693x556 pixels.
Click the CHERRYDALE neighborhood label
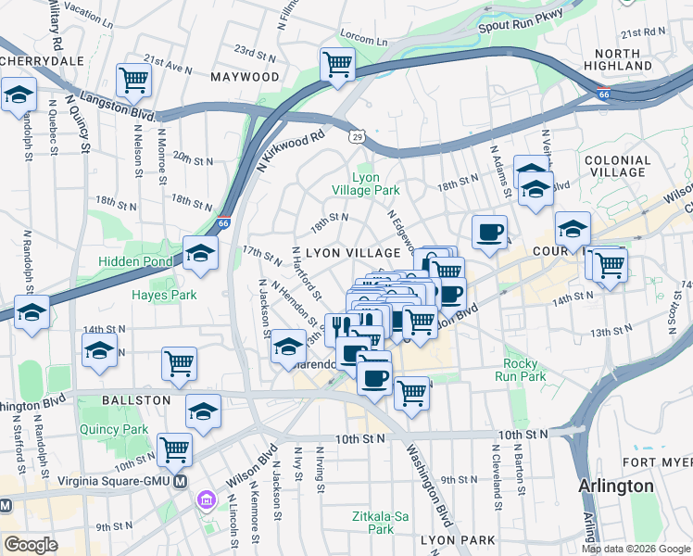click(43, 61)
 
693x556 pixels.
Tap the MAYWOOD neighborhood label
click(245, 77)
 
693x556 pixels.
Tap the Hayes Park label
click(164, 296)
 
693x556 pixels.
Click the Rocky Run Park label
click(525, 371)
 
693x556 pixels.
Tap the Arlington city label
click(615, 486)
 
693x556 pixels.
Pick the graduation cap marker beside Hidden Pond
click(199, 254)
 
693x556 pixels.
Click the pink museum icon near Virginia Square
click(206, 501)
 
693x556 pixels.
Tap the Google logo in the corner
click(31, 545)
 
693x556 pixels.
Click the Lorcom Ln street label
click(364, 41)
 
